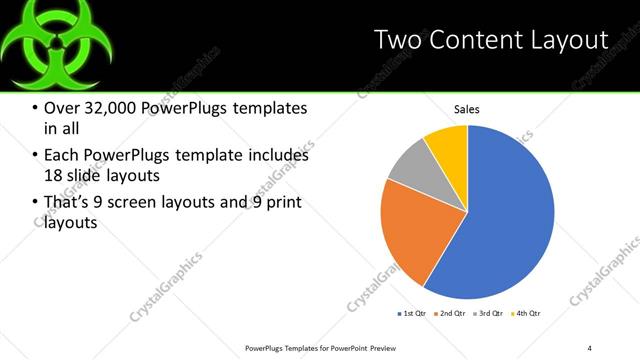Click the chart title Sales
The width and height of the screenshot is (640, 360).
click(x=467, y=108)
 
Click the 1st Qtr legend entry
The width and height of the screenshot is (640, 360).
click(x=411, y=314)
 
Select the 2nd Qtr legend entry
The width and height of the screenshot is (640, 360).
click(x=451, y=314)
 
